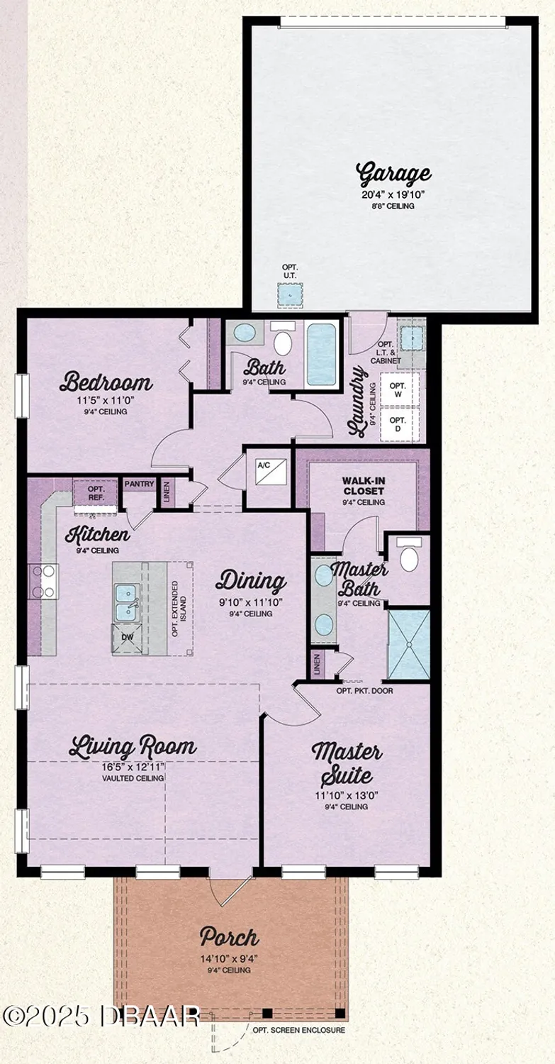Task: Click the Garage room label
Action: point(393,174)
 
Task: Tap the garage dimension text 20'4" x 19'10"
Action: point(393,194)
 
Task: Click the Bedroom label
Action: point(106,383)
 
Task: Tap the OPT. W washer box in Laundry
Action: point(399,389)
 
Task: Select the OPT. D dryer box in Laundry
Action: point(399,425)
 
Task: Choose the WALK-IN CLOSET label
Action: point(363,486)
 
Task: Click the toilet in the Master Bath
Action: point(409,557)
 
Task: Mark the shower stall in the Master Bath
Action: point(409,644)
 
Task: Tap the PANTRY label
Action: point(139,484)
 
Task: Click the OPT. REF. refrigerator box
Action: point(95,492)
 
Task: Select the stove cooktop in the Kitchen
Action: point(43,581)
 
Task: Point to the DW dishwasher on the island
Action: point(126,637)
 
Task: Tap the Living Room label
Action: point(133,747)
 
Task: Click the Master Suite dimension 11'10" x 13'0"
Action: point(347,795)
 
